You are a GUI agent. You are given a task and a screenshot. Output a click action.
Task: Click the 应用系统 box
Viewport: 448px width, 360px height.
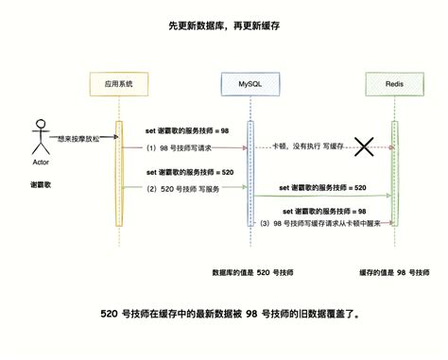(119, 84)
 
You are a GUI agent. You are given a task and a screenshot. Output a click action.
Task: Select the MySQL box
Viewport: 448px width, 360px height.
(250, 84)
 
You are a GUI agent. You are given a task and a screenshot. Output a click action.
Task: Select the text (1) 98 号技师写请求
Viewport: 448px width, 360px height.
(179, 146)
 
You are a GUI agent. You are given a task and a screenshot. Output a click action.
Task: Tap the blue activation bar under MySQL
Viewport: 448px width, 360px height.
(250, 175)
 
